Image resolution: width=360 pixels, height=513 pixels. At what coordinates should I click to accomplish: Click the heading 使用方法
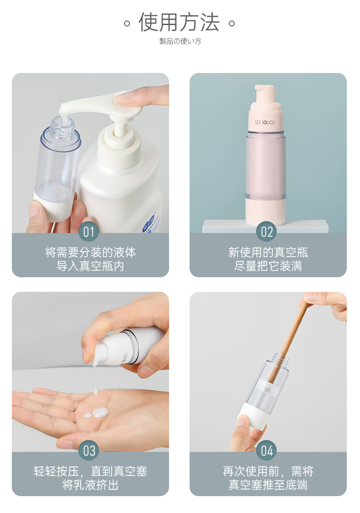[x=179, y=22]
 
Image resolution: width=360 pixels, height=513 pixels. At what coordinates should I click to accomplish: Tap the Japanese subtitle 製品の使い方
[x=180, y=41]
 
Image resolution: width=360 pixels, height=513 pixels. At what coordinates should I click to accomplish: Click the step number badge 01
[x=88, y=232]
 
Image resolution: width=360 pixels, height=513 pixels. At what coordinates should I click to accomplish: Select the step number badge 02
[x=267, y=232]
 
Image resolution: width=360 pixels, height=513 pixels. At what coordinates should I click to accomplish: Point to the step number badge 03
[x=89, y=451]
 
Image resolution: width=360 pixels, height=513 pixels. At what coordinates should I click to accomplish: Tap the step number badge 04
[x=267, y=451]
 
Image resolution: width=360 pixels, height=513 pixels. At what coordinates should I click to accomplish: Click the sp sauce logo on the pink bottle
[x=265, y=122]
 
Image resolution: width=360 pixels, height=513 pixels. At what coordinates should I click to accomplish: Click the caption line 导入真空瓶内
[x=90, y=266]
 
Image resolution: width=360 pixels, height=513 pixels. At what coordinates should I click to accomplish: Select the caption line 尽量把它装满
[x=268, y=266]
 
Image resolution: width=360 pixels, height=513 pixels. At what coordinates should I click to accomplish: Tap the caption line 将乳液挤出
[x=90, y=485]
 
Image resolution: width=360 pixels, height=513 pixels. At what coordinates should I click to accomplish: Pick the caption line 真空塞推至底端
[x=268, y=485]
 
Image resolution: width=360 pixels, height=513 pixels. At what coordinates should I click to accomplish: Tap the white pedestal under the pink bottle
[x=265, y=226]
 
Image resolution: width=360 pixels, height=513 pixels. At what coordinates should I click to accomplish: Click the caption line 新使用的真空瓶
[x=268, y=253]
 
